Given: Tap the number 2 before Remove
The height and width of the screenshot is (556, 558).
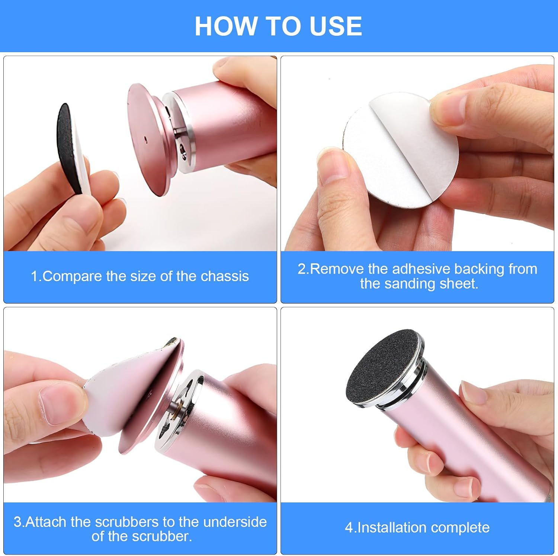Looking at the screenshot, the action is point(301,269).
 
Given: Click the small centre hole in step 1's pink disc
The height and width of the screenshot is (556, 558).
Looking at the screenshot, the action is point(146,140).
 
